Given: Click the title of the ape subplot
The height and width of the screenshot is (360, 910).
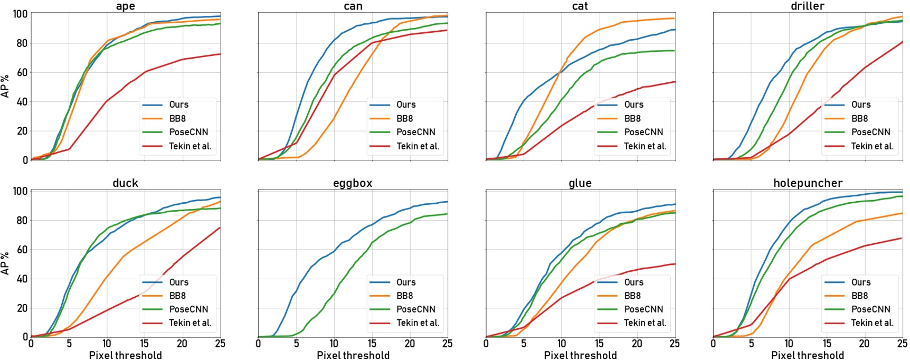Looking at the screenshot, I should tap(126, 6).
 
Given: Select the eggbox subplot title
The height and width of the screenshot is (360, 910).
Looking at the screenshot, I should tap(353, 183).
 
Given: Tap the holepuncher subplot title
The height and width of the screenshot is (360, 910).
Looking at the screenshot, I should tap(808, 183).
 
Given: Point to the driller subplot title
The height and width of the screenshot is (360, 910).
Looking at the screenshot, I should tap(808, 6).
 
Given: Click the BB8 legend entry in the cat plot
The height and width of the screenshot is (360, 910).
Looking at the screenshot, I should tap(632, 119).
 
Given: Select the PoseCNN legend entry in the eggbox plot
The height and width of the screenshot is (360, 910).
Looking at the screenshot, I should tap(415, 309).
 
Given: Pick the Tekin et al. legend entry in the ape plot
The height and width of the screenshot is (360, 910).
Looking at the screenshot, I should tap(190, 146).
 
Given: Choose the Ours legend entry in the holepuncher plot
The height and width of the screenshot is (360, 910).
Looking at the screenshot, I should tap(861, 282).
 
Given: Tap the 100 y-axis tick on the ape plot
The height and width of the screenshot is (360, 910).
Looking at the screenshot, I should tap(20, 14).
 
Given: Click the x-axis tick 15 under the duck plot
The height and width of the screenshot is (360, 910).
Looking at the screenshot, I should tap(144, 344).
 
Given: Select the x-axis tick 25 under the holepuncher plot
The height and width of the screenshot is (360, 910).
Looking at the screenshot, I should tap(902, 344).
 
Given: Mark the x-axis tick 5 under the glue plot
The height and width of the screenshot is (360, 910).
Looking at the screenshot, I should tap(524, 344).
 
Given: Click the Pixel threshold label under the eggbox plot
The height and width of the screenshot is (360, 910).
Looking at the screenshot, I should tap(353, 355).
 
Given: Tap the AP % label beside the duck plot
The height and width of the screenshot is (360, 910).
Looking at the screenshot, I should tap(6, 263).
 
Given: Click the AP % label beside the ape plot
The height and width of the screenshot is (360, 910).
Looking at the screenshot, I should tap(6, 86).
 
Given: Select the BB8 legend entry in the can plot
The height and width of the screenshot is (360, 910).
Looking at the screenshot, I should tap(405, 119).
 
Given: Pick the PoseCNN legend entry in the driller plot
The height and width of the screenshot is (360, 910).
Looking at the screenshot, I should tap(870, 132).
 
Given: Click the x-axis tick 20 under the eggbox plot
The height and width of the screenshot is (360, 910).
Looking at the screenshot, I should tap(410, 344).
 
